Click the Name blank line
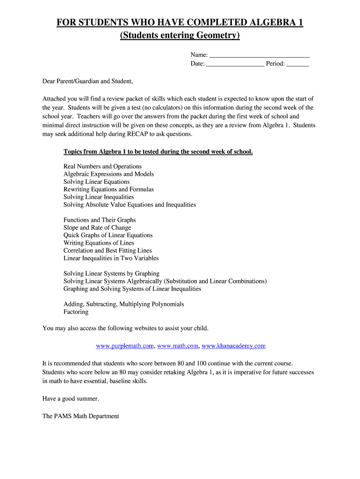[x=259, y=56]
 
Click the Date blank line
[x=235, y=64]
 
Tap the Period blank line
[x=298, y=64]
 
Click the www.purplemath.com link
[x=125, y=346]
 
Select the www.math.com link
[x=178, y=346]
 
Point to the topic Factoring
[x=76, y=312]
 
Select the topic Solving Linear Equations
[x=97, y=182]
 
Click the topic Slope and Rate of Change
[x=97, y=228]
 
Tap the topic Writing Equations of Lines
[x=99, y=243]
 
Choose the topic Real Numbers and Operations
[x=102, y=167]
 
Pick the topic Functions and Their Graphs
[x=100, y=220]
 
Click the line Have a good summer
[x=71, y=399]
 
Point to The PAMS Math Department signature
[x=81, y=416]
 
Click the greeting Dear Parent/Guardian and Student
[x=88, y=81]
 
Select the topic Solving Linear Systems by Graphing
[x=111, y=274]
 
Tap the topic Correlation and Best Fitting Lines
[x=108, y=251]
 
